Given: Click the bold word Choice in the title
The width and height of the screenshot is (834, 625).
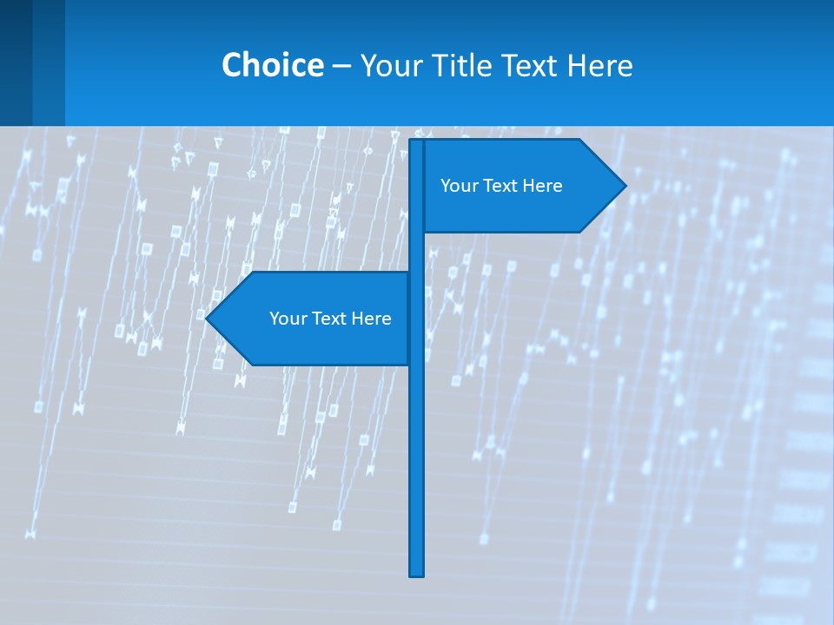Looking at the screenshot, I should tap(272, 65).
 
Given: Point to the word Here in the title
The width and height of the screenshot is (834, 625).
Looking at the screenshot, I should tap(599, 65).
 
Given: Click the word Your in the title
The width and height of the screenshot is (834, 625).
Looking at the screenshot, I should tap(389, 65).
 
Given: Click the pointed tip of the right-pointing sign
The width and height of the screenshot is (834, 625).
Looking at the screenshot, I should tap(624, 185).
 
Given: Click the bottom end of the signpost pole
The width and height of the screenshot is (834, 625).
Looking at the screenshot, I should tap(417, 573).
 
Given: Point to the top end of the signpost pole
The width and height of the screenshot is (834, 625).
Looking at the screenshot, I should tap(417, 142).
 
